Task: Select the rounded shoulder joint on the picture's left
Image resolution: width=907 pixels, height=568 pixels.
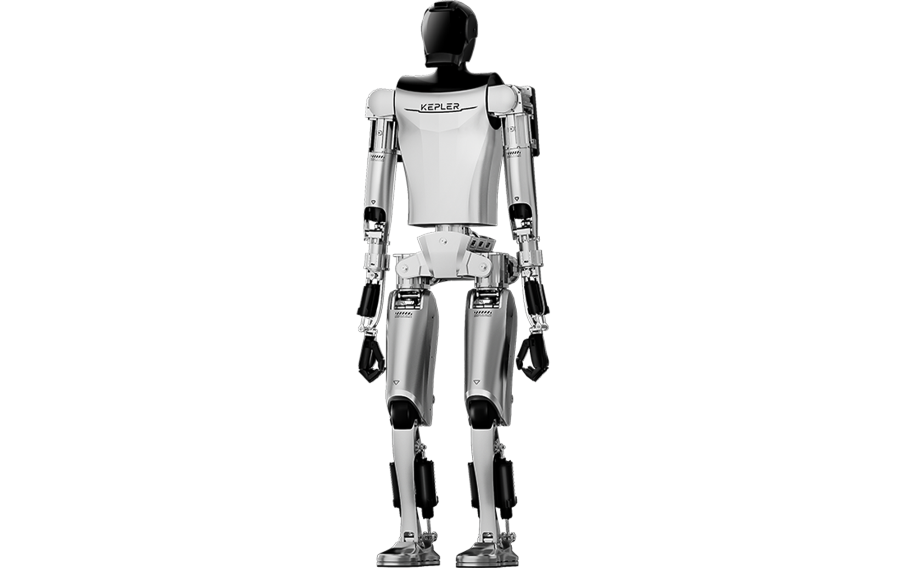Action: point(381,103)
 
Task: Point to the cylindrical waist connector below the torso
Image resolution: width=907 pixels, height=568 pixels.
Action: point(451,229)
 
